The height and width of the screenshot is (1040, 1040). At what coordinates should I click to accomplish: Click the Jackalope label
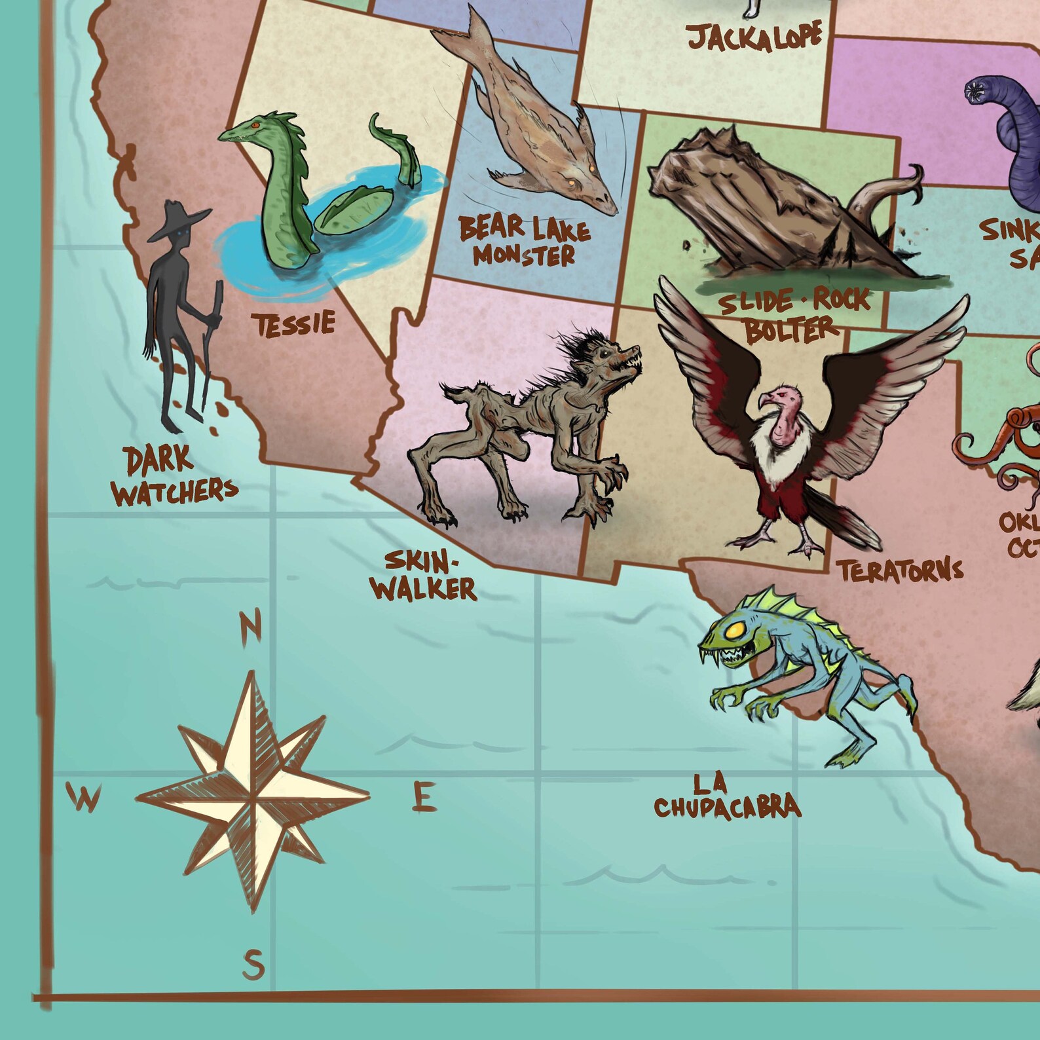click(x=754, y=37)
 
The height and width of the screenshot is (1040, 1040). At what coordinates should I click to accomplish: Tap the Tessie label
click(x=295, y=324)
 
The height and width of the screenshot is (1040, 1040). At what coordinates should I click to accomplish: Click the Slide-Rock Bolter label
click(x=794, y=314)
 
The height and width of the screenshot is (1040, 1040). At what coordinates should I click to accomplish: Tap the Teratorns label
click(x=901, y=570)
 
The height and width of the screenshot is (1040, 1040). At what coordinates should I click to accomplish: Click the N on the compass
click(x=250, y=625)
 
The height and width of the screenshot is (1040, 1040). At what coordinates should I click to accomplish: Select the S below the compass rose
click(x=253, y=964)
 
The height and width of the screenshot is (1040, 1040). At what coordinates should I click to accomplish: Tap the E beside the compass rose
click(x=424, y=798)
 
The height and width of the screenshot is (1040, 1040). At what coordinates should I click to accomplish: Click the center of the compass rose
click(x=253, y=798)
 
